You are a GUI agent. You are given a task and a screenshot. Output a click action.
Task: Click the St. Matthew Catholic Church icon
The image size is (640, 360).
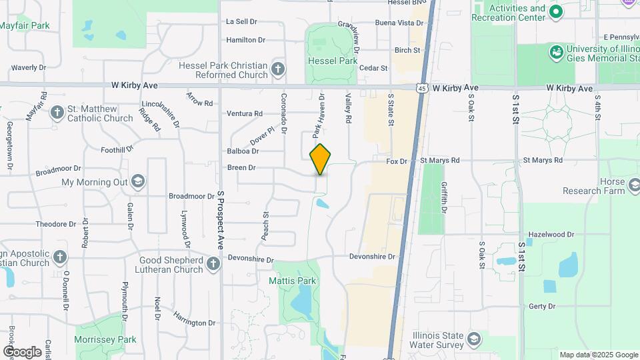tap(57, 113)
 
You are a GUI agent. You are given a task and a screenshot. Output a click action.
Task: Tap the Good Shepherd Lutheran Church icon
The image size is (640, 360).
tap(213, 265)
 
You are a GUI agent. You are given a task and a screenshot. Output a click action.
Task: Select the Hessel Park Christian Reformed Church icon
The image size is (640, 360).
tap(278, 69)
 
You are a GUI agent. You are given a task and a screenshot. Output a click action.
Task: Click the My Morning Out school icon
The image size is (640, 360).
tap(137, 182)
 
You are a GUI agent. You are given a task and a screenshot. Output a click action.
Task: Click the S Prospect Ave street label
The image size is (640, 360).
tap(219, 220)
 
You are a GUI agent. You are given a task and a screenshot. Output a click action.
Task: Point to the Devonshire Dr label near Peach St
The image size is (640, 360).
tap(251, 259)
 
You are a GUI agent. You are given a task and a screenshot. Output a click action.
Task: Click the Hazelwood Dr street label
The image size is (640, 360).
tap(551, 235)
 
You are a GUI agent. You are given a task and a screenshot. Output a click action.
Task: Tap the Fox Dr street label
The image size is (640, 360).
tap(397, 161)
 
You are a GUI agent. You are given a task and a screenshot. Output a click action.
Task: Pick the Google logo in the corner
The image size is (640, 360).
tap(22, 351)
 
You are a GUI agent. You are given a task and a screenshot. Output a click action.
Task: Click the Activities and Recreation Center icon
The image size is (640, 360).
tap(556, 13)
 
